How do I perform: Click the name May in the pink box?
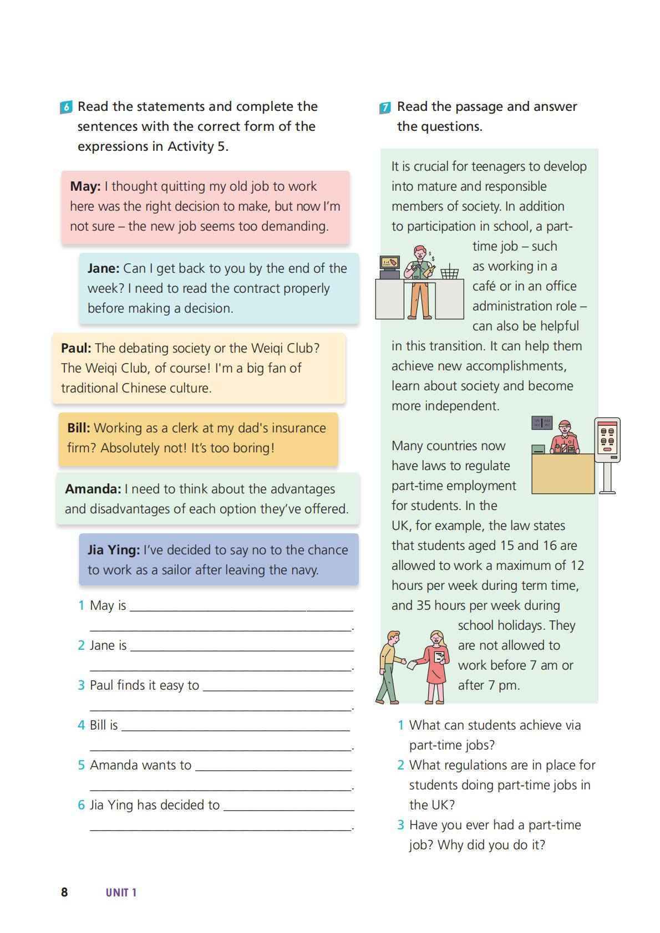(85, 186)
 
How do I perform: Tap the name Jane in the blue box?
(103, 268)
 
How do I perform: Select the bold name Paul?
(76, 348)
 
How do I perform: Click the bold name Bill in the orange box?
(79, 428)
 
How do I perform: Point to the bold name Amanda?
(93, 489)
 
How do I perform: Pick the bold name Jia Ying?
(114, 550)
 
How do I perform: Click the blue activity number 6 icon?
(66, 107)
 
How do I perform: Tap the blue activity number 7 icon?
(385, 108)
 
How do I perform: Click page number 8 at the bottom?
(64, 892)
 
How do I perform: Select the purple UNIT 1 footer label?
(121, 893)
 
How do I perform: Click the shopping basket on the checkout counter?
(449, 273)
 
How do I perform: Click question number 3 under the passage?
(400, 825)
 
